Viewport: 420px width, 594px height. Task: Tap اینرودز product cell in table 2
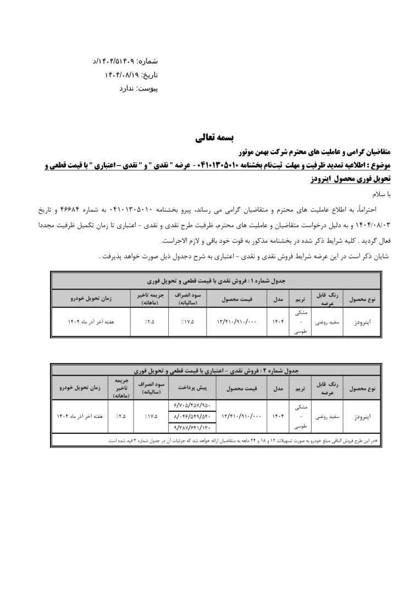362,416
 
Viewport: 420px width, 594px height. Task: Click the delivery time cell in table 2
80,416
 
